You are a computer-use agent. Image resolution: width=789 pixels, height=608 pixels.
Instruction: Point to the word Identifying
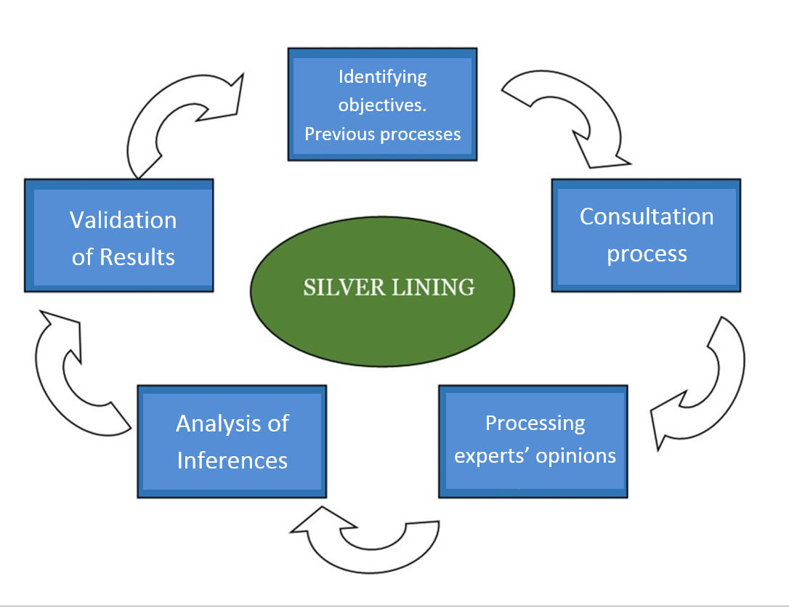point(383,76)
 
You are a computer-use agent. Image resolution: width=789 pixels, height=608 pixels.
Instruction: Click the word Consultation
point(646,216)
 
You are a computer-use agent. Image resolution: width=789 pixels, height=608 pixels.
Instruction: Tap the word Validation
point(123,220)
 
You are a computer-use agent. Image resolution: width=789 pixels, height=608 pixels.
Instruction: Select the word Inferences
point(232,461)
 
